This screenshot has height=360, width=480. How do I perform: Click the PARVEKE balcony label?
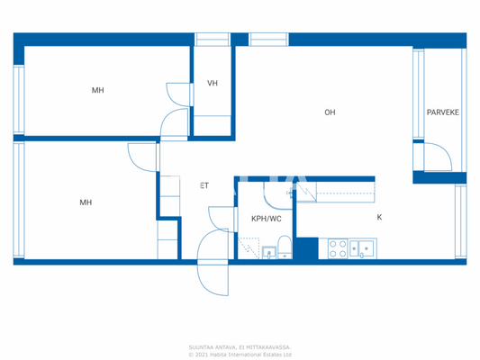coord(442,112)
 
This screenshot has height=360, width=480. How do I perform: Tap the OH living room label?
coord(330,112)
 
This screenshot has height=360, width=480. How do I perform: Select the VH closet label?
coord(213,84)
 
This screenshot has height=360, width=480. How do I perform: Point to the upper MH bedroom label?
coord(97,90)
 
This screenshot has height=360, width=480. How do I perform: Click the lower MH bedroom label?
coord(86,202)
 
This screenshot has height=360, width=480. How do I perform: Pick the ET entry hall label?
coord(204,185)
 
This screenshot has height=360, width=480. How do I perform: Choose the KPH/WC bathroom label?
coord(267,218)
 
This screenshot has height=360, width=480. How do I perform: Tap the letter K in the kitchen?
coord(379,217)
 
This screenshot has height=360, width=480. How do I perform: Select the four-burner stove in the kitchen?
coord(338,248)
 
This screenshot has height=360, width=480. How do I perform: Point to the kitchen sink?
coord(364,248)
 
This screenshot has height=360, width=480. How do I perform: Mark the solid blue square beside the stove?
coord(307,248)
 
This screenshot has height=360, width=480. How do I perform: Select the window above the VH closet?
coord(213,39)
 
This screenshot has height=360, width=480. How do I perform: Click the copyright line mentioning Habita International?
coord(240,354)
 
